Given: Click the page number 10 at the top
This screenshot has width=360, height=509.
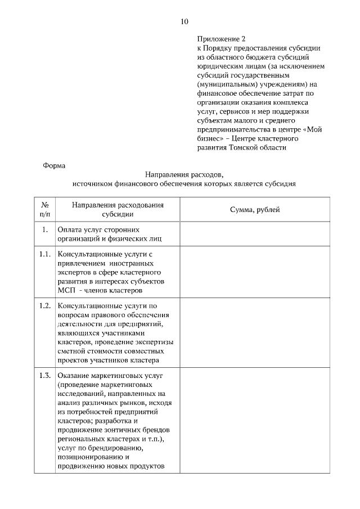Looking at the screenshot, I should coord(184,21).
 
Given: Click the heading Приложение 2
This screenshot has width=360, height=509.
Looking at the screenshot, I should coord(222,39).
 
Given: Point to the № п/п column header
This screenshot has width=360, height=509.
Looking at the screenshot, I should coord(45,209).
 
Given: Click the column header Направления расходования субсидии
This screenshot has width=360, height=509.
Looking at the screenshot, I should coord(118,209).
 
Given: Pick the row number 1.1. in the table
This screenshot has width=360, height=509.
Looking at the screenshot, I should coord(45,254).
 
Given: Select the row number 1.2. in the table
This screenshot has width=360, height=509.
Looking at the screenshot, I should coord(45,306).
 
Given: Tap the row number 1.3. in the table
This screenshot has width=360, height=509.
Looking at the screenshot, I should coord(45,376).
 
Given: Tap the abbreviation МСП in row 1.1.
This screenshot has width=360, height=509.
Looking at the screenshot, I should coord(66,290).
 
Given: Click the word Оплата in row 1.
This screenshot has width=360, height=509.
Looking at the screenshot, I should coord(69,229).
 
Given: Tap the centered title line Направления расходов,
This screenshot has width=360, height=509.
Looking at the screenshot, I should coord(184,174).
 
